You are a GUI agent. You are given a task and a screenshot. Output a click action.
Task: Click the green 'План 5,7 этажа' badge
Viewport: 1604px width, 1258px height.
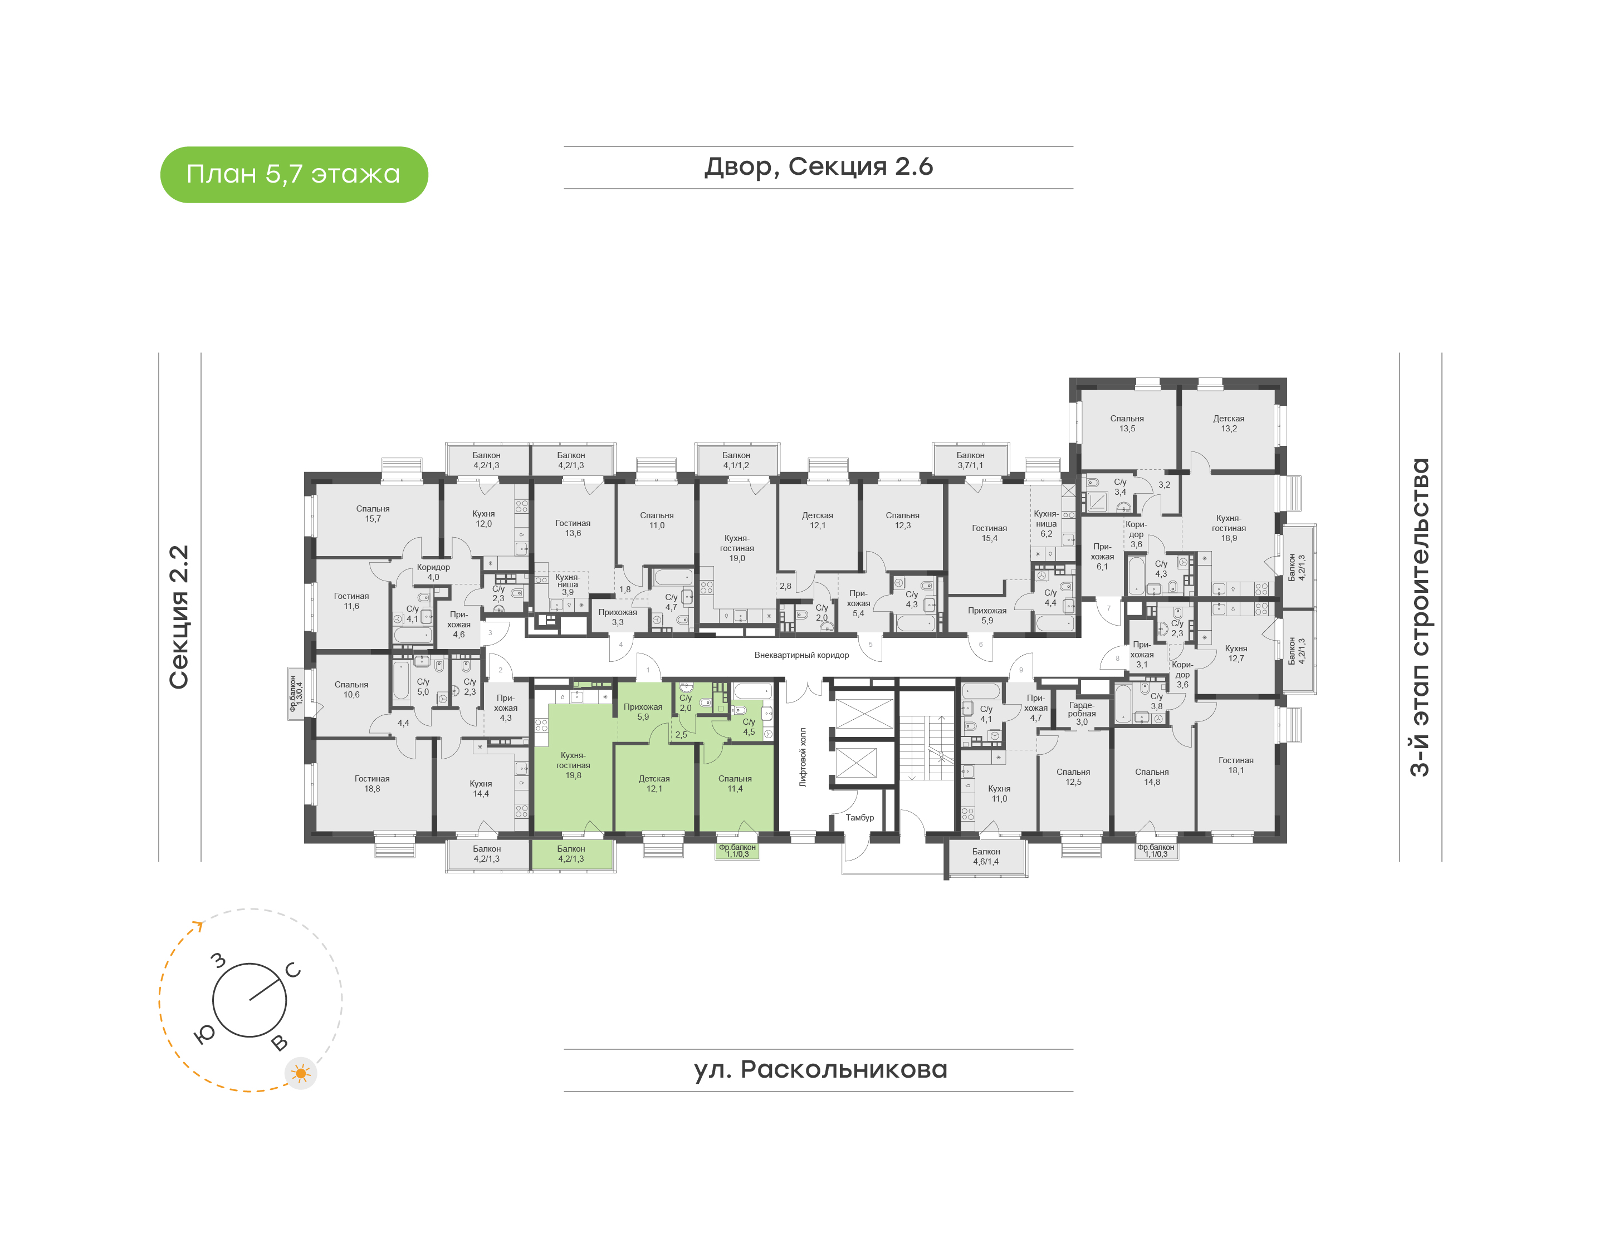(294, 175)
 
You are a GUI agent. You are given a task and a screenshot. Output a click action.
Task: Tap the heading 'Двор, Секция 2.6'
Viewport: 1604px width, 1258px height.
(819, 167)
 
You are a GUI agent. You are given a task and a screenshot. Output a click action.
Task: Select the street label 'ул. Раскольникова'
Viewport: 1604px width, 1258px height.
(820, 1069)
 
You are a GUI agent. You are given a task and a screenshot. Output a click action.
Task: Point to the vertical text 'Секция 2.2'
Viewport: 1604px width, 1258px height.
(179, 617)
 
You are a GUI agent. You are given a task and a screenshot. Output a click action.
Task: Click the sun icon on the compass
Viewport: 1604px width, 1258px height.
(301, 1073)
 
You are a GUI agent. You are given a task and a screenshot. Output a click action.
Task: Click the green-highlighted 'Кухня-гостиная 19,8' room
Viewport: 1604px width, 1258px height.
(573, 765)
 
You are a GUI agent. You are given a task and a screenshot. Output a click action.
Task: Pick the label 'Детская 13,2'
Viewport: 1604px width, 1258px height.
(1229, 424)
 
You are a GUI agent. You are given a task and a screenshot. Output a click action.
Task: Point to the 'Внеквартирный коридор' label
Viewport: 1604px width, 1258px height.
(801, 655)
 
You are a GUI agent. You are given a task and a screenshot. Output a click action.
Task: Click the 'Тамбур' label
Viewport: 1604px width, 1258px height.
(860, 818)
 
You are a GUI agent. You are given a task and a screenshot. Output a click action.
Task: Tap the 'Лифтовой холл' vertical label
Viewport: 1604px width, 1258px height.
(803, 757)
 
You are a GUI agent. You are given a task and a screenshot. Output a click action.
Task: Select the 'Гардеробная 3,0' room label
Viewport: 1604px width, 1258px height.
(1082, 714)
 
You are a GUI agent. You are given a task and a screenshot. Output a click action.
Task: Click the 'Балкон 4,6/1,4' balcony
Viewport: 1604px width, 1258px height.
(986, 857)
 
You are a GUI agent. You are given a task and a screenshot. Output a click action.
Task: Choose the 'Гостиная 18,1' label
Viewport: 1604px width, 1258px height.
(1236, 765)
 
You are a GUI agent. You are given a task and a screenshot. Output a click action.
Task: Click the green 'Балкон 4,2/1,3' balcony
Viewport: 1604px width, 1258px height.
(572, 854)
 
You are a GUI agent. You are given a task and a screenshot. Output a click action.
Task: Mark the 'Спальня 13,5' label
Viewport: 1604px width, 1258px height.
(1127, 424)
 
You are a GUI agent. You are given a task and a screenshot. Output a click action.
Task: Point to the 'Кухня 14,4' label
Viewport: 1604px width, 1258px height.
(481, 789)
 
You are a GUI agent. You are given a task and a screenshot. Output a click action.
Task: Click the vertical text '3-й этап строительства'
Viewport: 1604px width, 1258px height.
(1419, 617)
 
